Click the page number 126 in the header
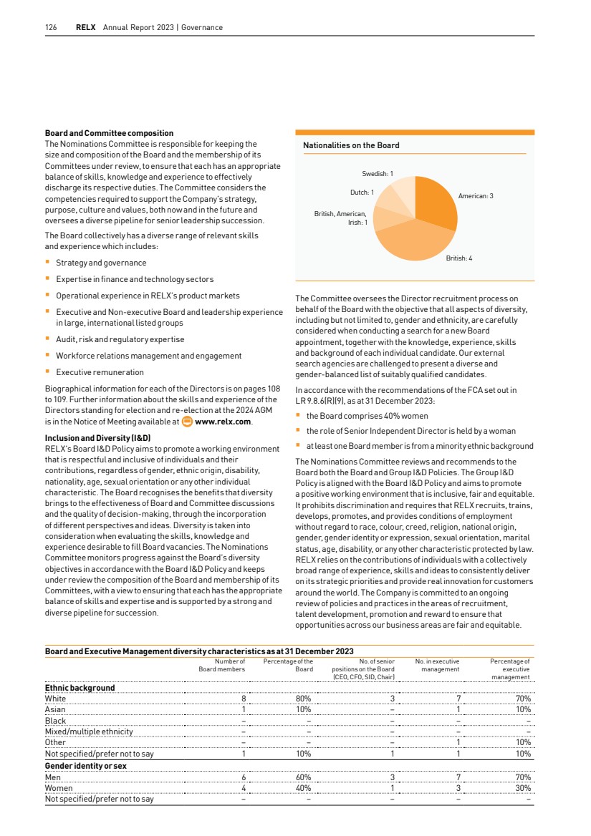(50, 28)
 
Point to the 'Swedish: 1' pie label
(378, 174)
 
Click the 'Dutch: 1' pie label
(362, 192)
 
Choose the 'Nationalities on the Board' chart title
(351, 145)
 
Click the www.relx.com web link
(223, 422)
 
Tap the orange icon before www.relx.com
(188, 422)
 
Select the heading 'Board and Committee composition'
(109, 133)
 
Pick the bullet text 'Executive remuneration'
(100, 372)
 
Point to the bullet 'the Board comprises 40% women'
(367, 416)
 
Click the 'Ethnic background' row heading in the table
(80, 688)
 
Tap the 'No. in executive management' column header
(437, 666)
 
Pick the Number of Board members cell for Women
(244, 788)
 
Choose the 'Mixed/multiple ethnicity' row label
(88, 731)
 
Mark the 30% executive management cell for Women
(523, 788)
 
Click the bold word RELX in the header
(87, 28)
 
